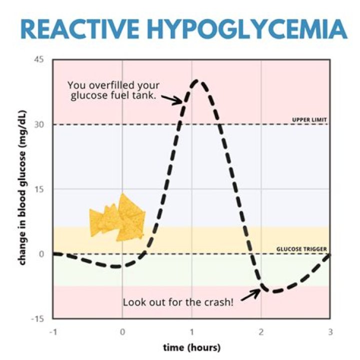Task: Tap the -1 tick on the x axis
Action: (52, 331)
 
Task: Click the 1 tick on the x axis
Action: (191, 331)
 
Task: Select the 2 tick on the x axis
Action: (260, 331)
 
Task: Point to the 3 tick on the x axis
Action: (329, 331)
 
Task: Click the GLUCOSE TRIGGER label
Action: (302, 248)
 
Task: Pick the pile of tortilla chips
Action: (117, 218)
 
